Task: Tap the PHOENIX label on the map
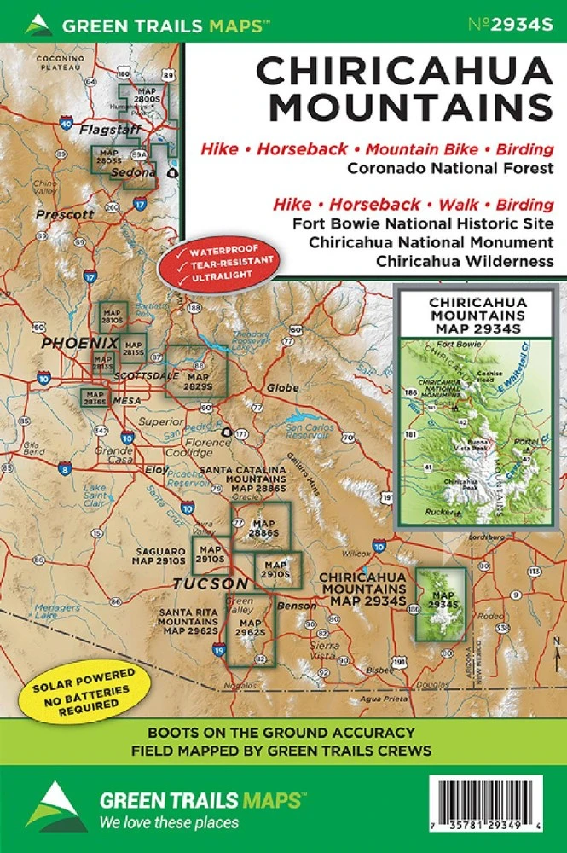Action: (80, 343)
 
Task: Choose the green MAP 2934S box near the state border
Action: (441, 603)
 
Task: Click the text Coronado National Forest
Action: (450, 168)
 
